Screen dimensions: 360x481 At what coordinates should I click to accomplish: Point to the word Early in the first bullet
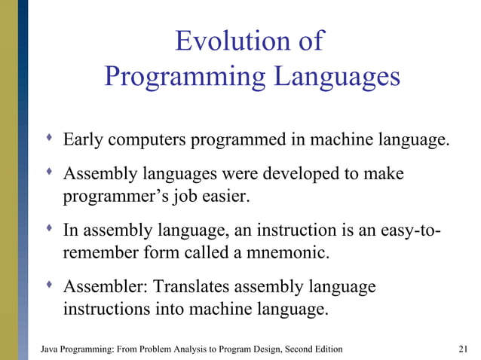click(x=84, y=140)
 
